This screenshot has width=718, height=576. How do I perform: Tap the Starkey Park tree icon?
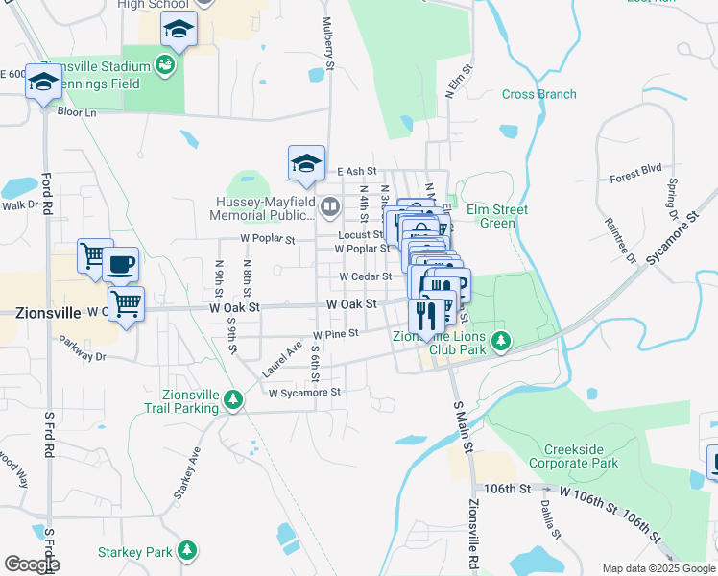(190, 551)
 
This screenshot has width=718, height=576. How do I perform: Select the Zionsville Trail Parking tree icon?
(231, 399)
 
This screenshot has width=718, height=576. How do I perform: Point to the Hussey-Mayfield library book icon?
(330, 206)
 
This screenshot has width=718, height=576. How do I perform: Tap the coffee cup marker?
(121, 264)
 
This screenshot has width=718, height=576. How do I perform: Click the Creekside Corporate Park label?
(581, 456)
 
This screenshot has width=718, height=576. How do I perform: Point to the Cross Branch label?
(538, 94)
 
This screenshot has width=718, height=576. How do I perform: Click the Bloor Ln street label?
(77, 112)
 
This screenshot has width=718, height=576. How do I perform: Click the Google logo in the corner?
(31, 564)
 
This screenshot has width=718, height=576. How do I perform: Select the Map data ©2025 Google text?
(658, 568)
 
